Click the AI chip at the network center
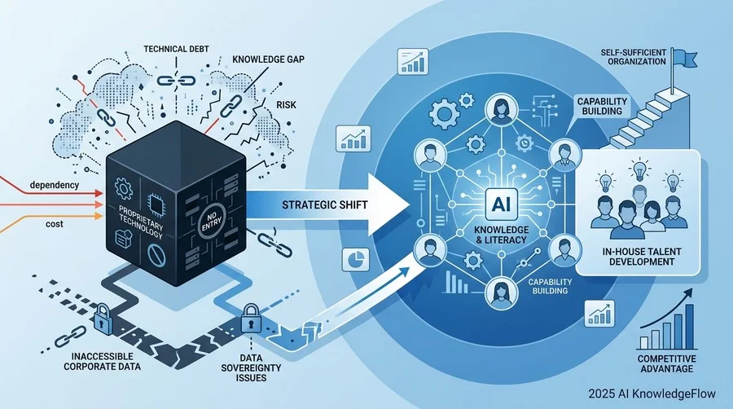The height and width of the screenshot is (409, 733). [x=501, y=204]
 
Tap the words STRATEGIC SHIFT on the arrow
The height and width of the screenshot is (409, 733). [x=325, y=204]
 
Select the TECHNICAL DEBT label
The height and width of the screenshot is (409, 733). [x=176, y=49]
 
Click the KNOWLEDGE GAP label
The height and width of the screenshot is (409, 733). [x=268, y=59]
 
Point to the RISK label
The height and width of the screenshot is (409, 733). [x=286, y=105]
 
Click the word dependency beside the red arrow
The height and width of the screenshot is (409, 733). [x=55, y=185]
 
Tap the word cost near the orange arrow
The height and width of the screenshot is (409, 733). [x=55, y=224]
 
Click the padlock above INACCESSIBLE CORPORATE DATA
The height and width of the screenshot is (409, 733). [x=103, y=319]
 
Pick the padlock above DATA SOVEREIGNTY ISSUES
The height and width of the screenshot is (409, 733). [x=251, y=318]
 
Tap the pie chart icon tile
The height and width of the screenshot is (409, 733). [x=356, y=259]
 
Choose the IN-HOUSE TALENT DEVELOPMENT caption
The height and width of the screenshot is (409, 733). [x=642, y=257]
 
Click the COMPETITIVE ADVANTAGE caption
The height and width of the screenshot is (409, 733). [x=666, y=363]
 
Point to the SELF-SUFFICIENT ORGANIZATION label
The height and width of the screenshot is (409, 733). [x=633, y=56]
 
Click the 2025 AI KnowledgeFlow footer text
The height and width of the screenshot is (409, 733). [x=652, y=394]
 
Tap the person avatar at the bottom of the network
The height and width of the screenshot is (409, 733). [x=501, y=292]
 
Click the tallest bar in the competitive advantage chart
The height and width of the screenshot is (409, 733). [x=689, y=327]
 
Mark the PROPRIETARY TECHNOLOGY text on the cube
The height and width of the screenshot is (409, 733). [x=140, y=220]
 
